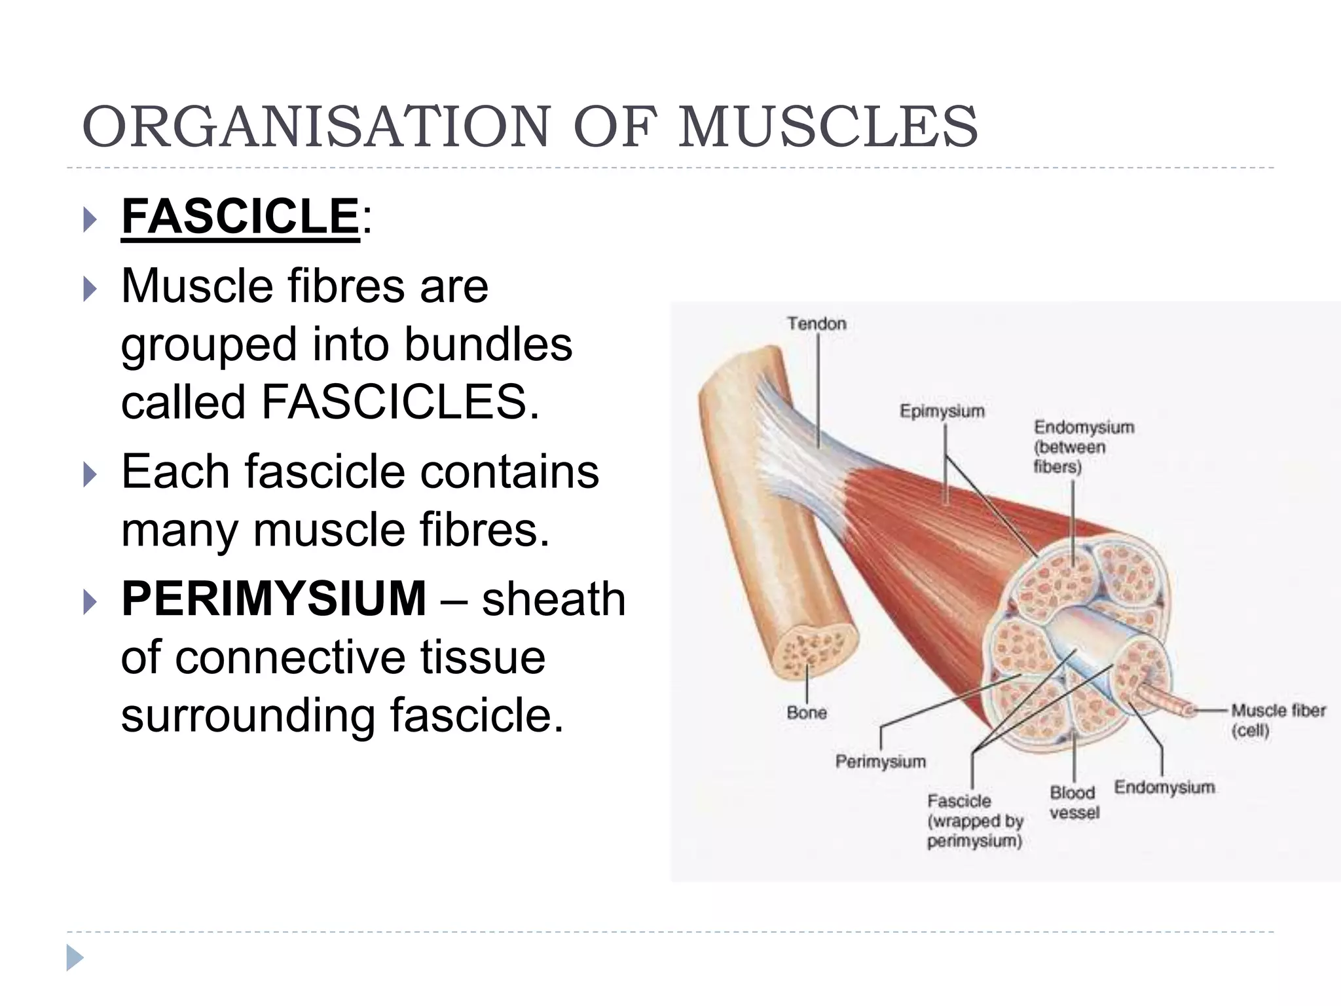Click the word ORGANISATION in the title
316,126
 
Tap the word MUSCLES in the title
828,126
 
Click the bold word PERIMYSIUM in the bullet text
274,599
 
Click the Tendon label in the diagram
817,324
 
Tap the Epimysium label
942,411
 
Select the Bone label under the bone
807,713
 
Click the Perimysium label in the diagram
881,762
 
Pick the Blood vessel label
1074,802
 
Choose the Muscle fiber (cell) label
1277,720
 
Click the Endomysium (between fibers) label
1083,447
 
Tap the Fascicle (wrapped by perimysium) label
975,821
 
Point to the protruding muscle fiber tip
1185,709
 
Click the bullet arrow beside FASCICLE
90,220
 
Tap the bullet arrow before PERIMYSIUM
90,602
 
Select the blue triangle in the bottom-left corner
75,958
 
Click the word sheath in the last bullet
553,599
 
